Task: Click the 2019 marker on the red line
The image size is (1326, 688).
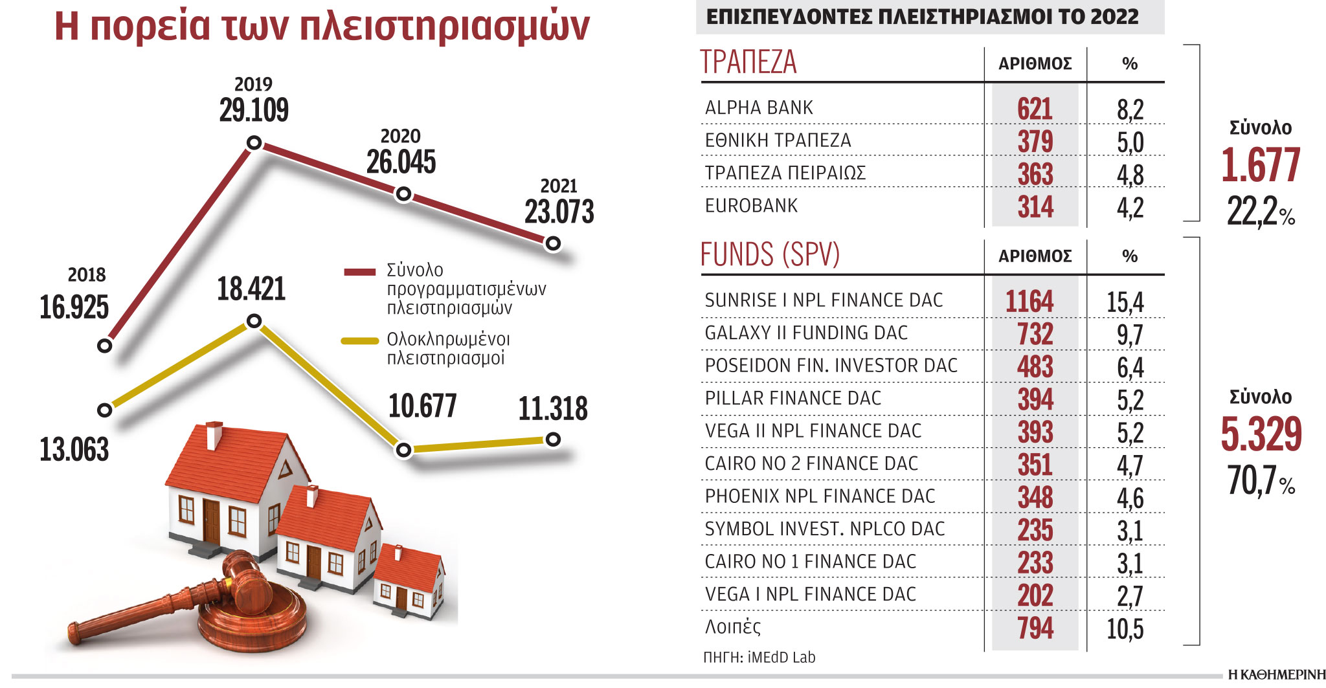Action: click(254, 142)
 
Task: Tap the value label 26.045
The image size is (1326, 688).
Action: click(401, 162)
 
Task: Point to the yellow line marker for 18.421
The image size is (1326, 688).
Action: click(254, 321)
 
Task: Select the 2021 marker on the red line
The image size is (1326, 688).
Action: click(553, 243)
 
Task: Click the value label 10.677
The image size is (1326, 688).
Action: click(422, 406)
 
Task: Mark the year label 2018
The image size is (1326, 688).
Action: click(86, 275)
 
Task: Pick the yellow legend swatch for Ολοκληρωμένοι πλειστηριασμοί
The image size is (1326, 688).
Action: click(359, 340)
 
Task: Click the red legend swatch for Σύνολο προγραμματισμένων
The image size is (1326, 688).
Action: click(359, 272)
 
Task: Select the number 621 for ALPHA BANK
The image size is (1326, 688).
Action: click(1035, 109)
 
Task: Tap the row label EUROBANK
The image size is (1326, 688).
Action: click(751, 206)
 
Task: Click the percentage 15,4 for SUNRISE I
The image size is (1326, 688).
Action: click(1125, 302)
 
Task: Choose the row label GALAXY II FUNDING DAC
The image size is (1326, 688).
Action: click(806, 333)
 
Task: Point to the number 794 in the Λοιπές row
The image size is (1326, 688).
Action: click(1035, 628)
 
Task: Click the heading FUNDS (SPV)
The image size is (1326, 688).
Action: click(770, 254)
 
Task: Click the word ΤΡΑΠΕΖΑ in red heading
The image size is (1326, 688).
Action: click(748, 63)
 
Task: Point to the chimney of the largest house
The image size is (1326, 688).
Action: click(214, 435)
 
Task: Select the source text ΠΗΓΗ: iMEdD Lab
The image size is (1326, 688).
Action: click(759, 658)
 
